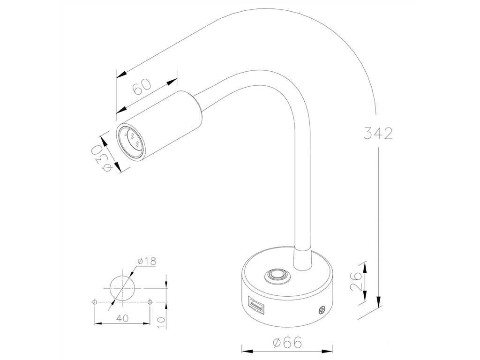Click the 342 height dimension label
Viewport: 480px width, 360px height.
378,133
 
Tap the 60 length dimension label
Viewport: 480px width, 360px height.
142,86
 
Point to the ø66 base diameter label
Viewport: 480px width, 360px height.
287,342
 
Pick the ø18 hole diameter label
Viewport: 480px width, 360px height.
147,261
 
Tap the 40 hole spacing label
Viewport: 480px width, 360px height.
123,318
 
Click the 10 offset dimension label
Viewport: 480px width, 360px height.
161,322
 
